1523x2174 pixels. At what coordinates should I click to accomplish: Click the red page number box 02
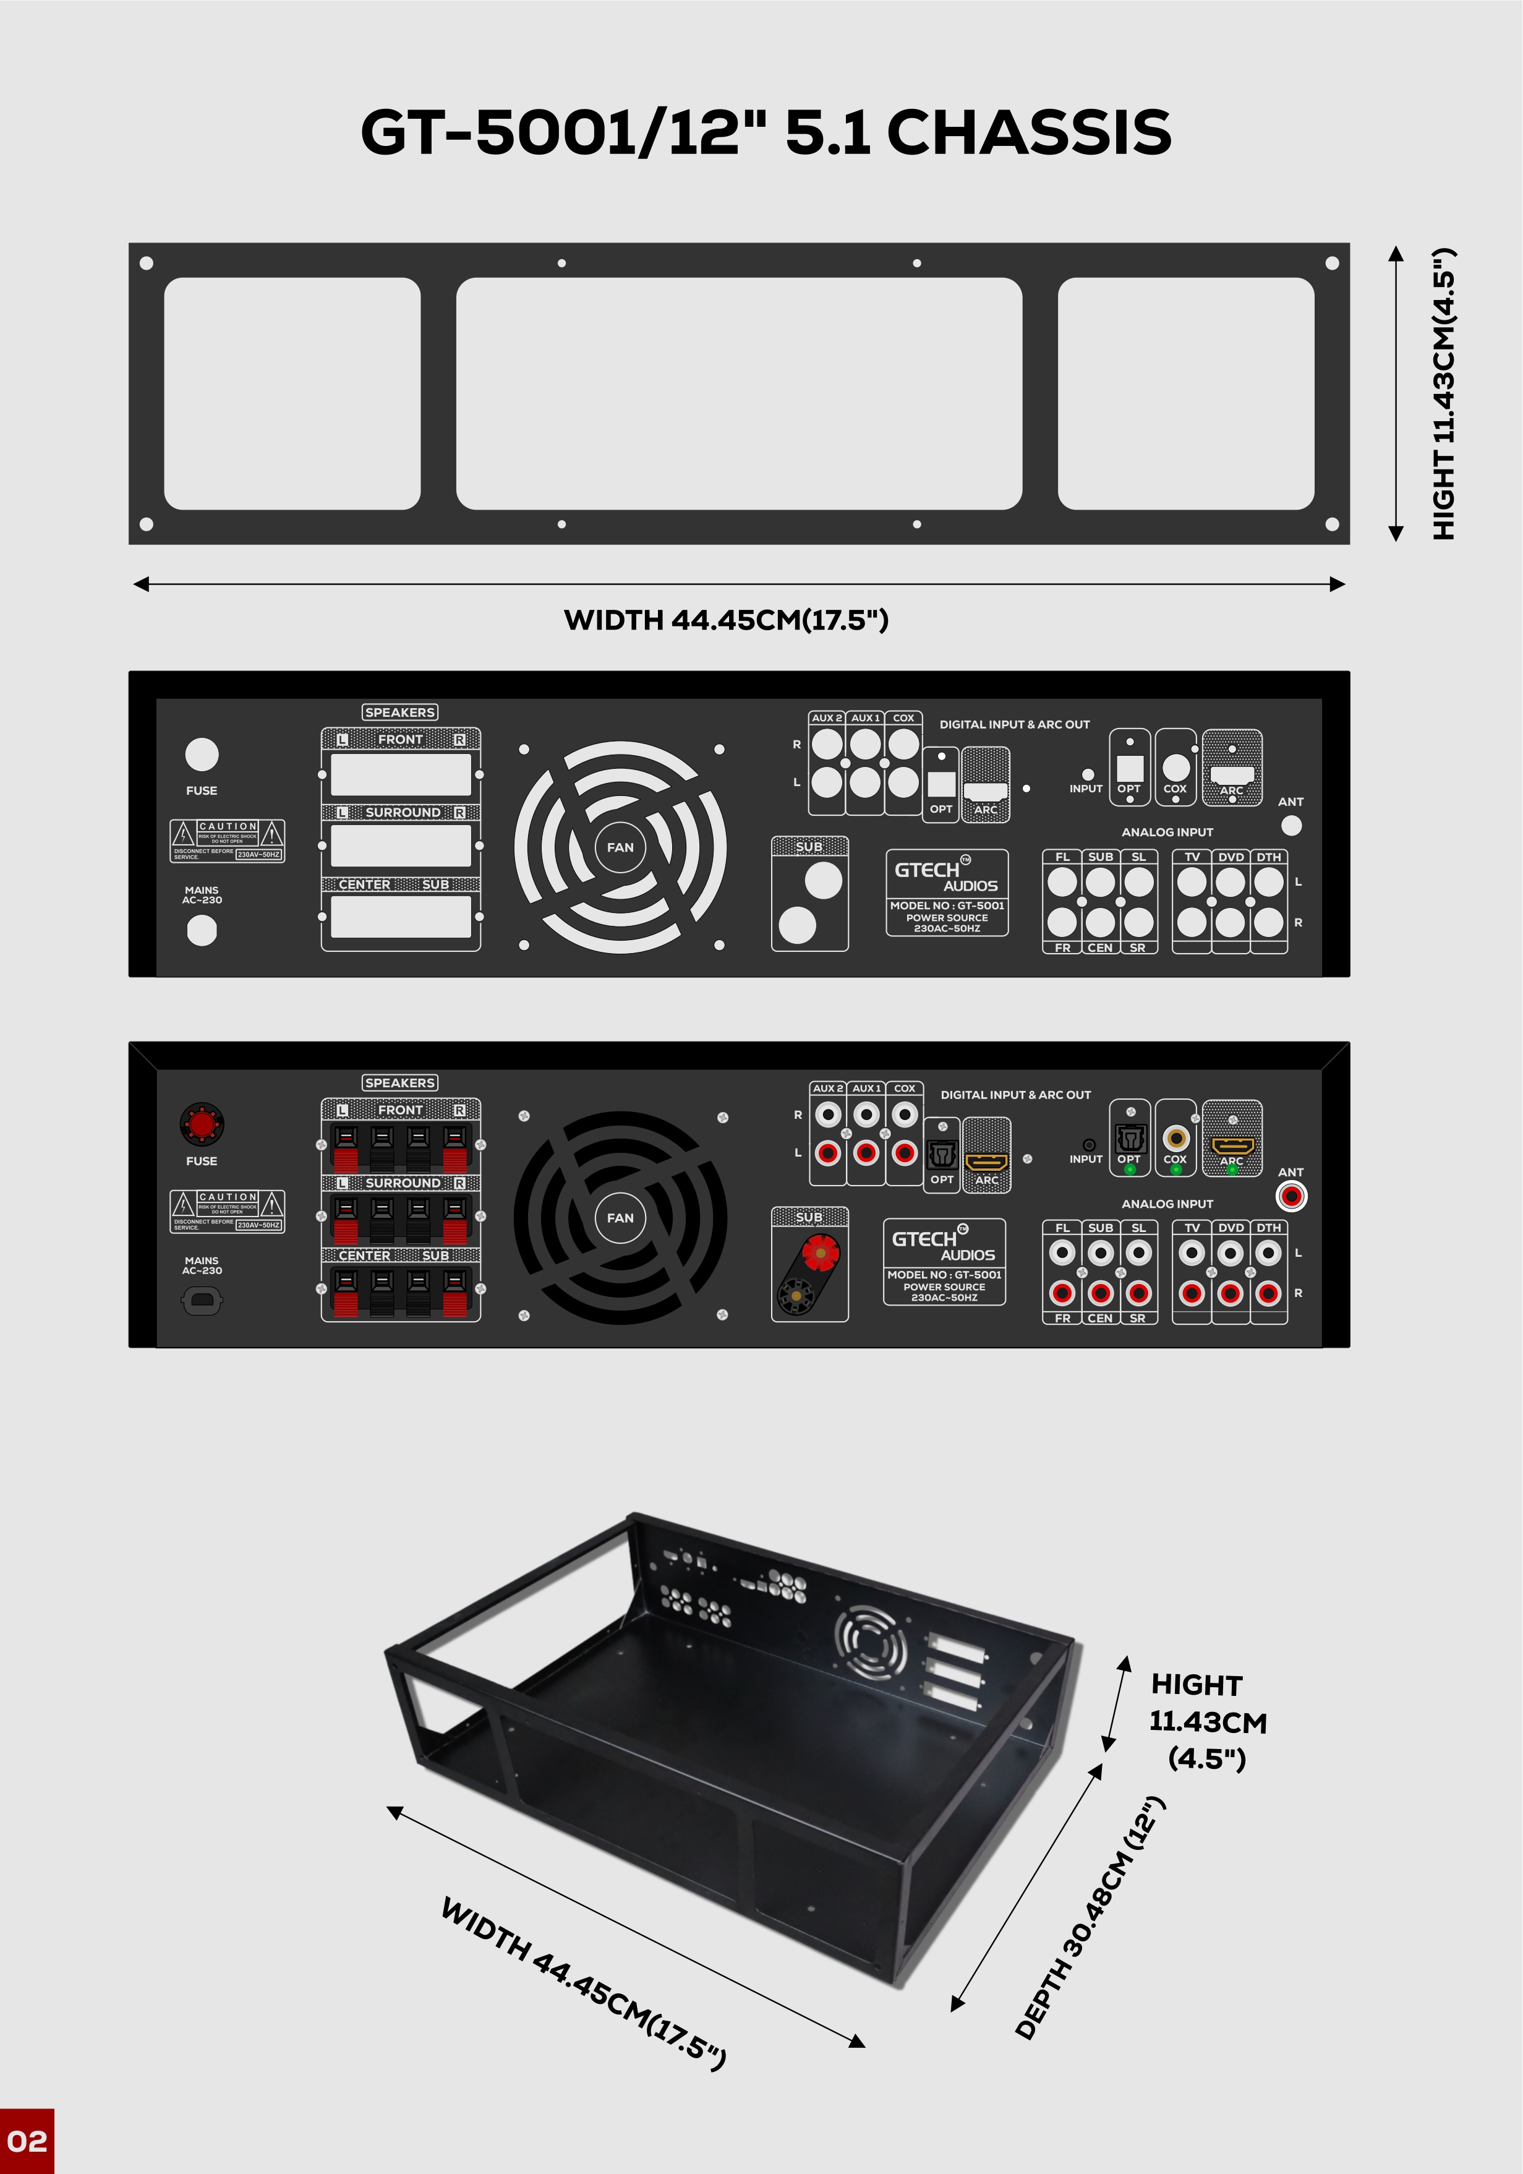(27, 2141)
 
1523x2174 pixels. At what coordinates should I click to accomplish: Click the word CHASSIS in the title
(1029, 132)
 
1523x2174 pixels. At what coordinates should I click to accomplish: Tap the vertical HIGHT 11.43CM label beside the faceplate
(1443, 394)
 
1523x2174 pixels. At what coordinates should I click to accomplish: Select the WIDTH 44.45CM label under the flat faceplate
(726, 620)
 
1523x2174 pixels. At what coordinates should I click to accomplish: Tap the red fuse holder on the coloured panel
(202, 1124)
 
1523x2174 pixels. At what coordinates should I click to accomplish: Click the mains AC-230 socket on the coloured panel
(202, 1301)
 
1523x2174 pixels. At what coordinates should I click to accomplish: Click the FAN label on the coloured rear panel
(620, 1218)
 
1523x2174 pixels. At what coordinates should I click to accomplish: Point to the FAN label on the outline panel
(620, 847)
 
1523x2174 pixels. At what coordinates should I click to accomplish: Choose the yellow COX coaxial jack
(1175, 1137)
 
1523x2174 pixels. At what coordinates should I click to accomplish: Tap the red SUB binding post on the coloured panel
(820, 1252)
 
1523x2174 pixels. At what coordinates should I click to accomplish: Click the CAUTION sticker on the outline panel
(227, 841)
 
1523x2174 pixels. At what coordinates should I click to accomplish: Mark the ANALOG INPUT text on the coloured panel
(1167, 1204)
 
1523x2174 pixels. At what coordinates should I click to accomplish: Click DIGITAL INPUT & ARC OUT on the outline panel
(1013, 724)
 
